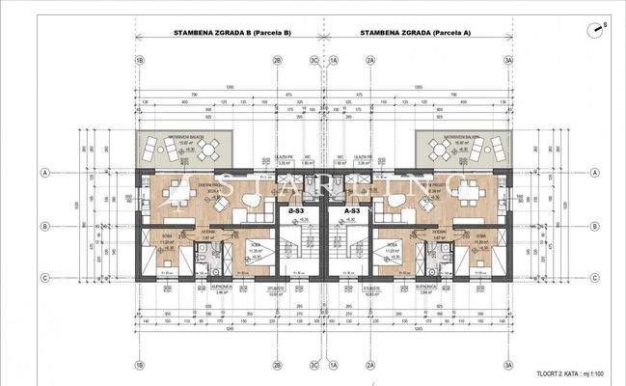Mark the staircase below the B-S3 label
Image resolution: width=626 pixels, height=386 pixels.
(x=298, y=246)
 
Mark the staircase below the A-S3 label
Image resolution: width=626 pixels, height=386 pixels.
(x=348, y=246)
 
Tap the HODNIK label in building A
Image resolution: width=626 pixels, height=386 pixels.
(x=438, y=232)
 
